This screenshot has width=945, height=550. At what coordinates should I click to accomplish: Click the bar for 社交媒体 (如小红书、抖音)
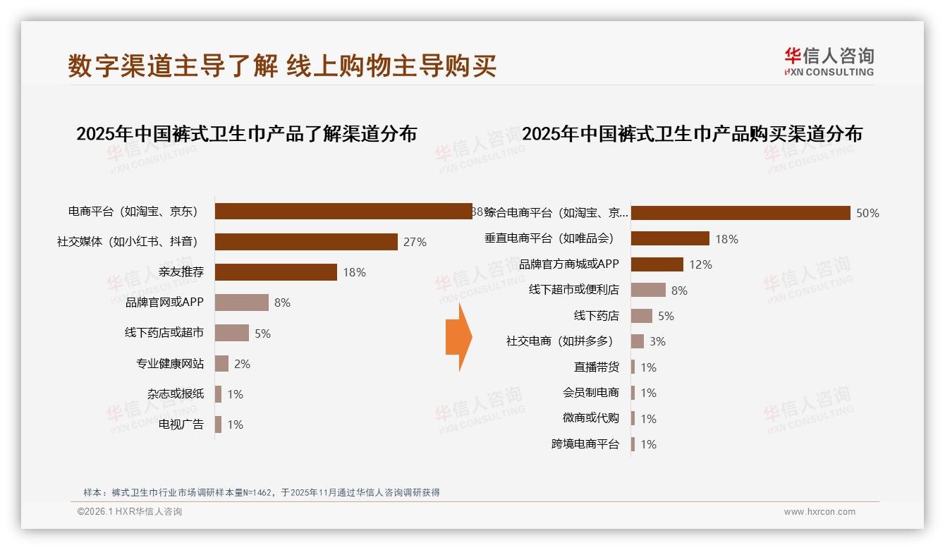[306, 242]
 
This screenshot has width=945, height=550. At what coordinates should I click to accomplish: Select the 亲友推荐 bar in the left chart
[276, 272]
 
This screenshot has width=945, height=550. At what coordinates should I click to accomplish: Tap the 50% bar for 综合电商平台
[740, 213]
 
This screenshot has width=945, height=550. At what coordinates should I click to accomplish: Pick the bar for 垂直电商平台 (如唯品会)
[670, 238]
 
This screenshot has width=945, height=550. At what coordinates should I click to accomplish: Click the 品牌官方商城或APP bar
[657, 264]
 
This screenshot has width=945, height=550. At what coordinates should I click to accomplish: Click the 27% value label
[415, 242]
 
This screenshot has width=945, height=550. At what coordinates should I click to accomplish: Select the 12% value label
[700, 264]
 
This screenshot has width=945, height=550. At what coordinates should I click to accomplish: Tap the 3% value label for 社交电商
[657, 341]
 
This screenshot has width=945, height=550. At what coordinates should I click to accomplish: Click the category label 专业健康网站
[170, 364]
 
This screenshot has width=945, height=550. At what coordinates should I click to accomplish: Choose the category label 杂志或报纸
[176, 394]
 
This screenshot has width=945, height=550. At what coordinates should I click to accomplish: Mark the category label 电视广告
[181, 424]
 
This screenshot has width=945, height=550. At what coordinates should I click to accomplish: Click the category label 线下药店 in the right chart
[596, 316]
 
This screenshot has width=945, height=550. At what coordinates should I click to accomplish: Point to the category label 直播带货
[596, 367]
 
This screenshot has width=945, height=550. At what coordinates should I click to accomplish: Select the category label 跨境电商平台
[585, 444]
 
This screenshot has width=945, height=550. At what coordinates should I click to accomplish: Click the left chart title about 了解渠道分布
[246, 133]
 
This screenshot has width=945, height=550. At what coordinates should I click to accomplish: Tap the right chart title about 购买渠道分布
[692, 133]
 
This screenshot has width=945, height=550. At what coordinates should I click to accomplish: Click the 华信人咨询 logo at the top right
[829, 62]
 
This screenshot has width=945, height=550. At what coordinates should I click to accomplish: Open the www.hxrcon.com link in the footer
[819, 512]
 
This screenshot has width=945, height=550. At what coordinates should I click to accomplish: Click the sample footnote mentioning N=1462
[262, 492]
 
